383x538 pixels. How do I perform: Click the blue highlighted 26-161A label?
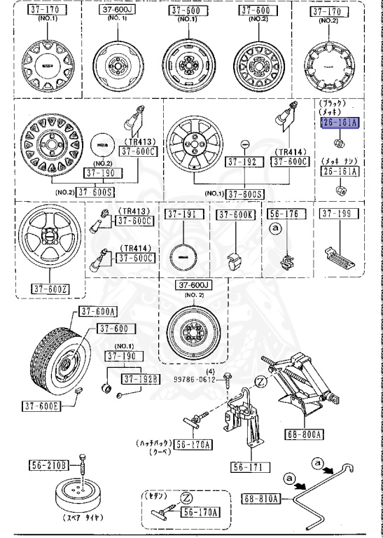338,122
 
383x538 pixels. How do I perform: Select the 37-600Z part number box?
49,287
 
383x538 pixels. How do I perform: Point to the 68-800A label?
305,434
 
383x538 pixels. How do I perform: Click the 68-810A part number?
261,499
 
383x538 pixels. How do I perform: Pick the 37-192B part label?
141,379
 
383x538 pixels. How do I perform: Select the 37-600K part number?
235,214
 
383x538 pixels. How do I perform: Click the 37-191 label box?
183,214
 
